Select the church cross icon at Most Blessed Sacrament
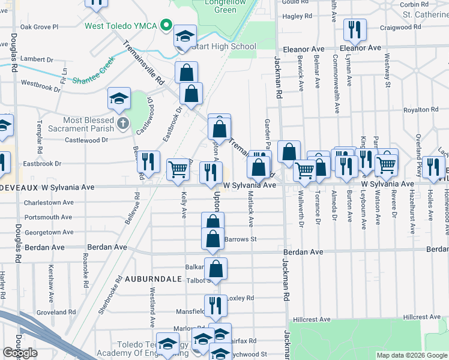tap(123, 124)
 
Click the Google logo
tap(20, 353)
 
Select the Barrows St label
tap(240, 239)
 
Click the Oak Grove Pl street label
tap(39, 27)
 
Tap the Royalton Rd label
tap(421, 110)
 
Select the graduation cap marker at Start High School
tap(185, 35)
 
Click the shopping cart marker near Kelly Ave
tap(178, 170)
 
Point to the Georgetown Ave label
tap(49, 232)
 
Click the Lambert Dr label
tap(37, 58)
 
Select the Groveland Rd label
tap(55, 313)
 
